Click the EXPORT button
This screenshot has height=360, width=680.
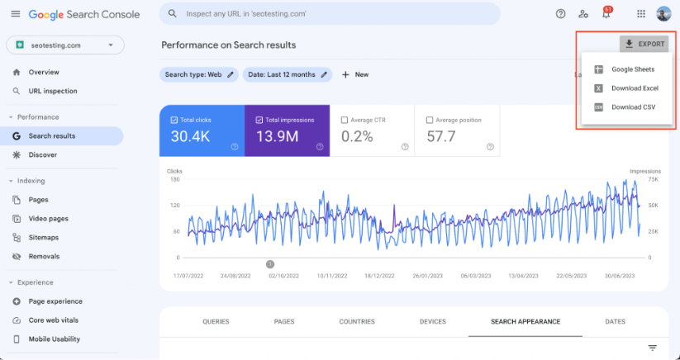644,45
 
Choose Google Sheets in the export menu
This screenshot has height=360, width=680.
633,69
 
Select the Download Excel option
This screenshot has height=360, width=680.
635,88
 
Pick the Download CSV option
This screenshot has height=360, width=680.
633,107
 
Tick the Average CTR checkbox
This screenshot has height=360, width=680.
345,120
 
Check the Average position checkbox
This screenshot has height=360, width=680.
430,120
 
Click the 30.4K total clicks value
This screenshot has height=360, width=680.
190,137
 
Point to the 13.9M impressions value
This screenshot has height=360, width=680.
278,137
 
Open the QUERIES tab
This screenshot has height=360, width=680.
216,322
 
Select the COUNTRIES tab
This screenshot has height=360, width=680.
357,322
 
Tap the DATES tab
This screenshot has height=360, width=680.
615,322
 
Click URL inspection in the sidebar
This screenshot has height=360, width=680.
53,92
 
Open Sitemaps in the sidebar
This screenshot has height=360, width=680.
43,238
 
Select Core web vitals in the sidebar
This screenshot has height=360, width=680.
54,320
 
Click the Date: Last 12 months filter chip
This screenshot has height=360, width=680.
287,74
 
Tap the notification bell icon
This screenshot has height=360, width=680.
606,14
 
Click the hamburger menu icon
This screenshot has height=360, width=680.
16,14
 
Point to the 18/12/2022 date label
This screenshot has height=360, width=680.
379,276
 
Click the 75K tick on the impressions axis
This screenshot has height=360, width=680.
653,179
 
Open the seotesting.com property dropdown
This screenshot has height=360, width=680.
65,45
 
